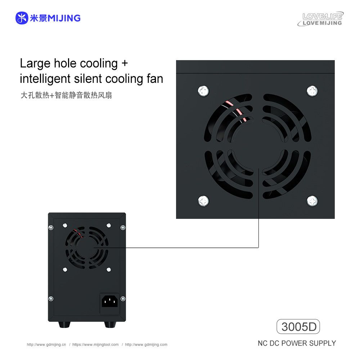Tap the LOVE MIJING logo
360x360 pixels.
click(x=320, y=19)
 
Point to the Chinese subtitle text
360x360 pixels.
click(x=66, y=95)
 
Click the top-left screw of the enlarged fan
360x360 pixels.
click(x=203, y=91)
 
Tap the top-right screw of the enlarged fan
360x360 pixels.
click(x=312, y=91)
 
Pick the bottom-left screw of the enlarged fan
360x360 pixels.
click(x=203, y=201)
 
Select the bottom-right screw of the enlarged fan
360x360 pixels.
click(x=312, y=201)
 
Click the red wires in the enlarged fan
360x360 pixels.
click(x=236, y=111)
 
